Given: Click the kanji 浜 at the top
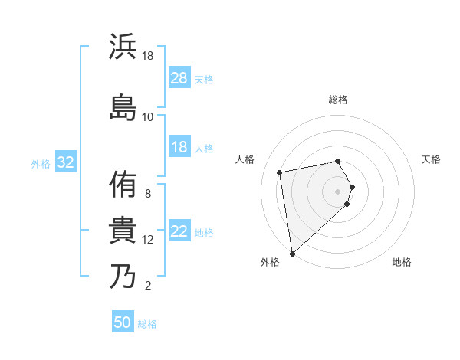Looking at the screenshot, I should (x=123, y=47).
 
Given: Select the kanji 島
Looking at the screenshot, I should (x=123, y=106).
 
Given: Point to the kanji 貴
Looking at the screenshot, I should (x=123, y=230).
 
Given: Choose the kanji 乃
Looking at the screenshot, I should (x=123, y=276).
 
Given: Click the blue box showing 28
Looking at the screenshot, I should (x=179, y=78).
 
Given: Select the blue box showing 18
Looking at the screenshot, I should (x=179, y=147).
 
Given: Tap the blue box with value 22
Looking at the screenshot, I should (x=179, y=232).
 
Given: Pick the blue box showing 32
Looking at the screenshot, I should (x=65, y=162).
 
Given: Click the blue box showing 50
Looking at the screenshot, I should (x=123, y=322).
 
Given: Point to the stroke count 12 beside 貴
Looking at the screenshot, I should (x=148, y=240).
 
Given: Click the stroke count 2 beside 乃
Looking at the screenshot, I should (x=148, y=286).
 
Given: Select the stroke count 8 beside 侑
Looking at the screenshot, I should (x=148, y=194).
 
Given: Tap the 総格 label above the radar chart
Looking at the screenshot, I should (x=338, y=100).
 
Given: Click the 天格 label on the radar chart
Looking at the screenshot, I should (x=432, y=159).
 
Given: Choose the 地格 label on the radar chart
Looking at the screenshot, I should (x=402, y=262).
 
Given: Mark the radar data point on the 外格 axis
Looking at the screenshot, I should (x=292, y=253).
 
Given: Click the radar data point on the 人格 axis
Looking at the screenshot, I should (x=280, y=172).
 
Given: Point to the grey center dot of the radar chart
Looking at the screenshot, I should (x=338, y=191).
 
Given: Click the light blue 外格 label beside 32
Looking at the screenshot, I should (x=40, y=163).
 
